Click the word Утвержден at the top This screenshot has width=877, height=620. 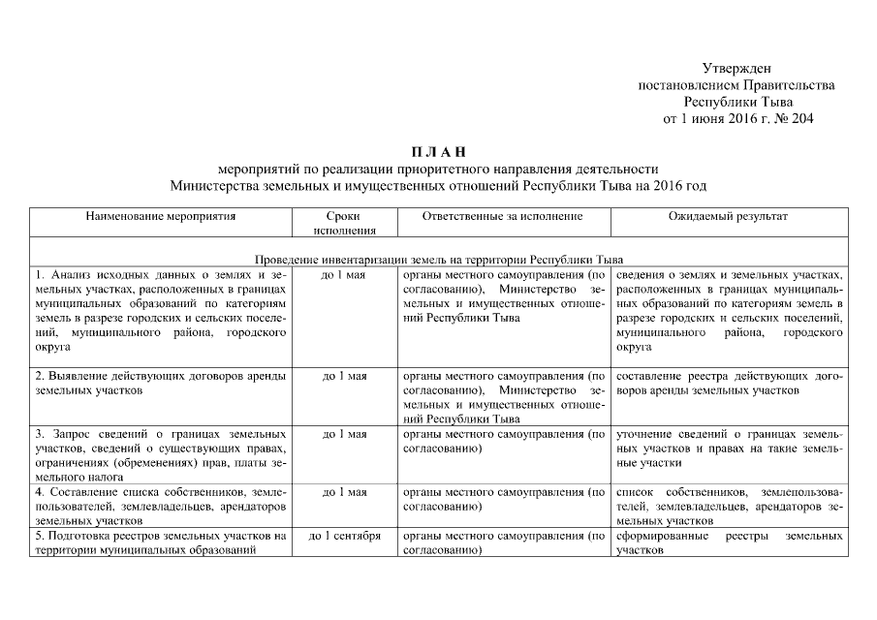click(x=736, y=68)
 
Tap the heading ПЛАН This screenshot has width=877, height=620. click(x=439, y=151)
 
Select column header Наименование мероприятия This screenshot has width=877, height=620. click(x=160, y=216)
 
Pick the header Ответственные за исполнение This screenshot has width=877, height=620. click(x=503, y=216)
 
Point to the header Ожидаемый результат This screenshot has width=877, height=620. click(x=729, y=216)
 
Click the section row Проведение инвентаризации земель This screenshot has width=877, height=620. click(x=438, y=260)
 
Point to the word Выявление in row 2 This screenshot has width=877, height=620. click(x=78, y=376)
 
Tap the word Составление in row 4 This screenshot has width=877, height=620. click(x=83, y=492)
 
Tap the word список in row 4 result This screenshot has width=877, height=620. click(x=636, y=492)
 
